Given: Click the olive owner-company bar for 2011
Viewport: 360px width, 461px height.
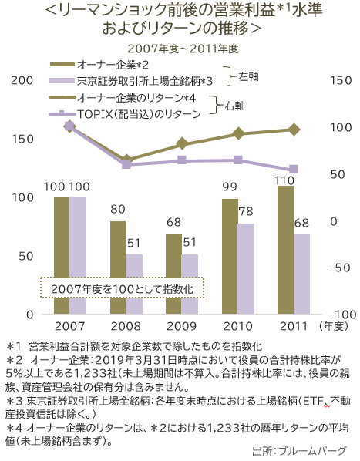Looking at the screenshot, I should (x=285, y=250).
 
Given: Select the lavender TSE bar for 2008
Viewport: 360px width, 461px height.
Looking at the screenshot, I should (x=134, y=284).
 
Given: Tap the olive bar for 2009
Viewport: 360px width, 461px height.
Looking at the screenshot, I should (x=174, y=274).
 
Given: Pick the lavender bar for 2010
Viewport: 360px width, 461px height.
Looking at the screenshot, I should (x=246, y=268).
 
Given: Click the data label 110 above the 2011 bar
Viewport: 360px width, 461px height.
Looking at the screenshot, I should (x=285, y=180).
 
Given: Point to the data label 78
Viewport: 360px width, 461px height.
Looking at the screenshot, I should (x=246, y=212).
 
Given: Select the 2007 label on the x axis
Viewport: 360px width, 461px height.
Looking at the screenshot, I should (x=69, y=326).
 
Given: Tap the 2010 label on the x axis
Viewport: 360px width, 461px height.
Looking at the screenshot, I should (x=237, y=326).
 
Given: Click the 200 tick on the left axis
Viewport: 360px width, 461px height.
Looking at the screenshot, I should (x=23, y=80).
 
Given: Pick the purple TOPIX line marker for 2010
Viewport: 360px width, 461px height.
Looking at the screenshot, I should (x=238, y=160).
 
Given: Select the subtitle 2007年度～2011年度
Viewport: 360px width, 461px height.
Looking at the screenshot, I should (x=182, y=48).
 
